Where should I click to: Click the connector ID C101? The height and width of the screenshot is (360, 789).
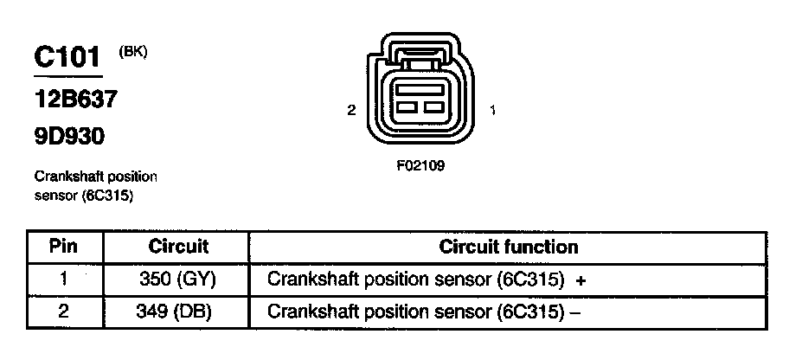[67, 57]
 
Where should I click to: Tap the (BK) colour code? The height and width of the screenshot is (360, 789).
[132, 52]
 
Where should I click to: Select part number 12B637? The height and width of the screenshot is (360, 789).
[75, 100]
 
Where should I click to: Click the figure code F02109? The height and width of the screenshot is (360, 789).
[420, 166]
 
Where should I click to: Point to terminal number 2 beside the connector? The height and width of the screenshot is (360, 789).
[350, 110]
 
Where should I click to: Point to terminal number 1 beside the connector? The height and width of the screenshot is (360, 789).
[492, 110]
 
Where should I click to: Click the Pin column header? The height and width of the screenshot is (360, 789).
[64, 247]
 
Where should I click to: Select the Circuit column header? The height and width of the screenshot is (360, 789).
[179, 247]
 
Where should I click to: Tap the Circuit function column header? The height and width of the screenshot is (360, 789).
[508, 247]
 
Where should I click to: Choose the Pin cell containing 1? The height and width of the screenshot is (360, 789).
[64, 280]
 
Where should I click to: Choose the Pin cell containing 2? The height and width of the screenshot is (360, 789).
[64, 311]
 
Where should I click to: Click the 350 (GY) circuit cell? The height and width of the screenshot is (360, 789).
[177, 280]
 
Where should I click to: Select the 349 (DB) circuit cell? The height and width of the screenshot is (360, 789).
[177, 311]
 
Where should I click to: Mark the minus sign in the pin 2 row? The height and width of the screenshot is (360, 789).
[574, 312]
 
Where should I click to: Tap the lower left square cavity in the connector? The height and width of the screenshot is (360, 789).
[407, 109]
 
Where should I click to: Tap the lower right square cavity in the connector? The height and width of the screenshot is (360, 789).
[433, 109]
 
